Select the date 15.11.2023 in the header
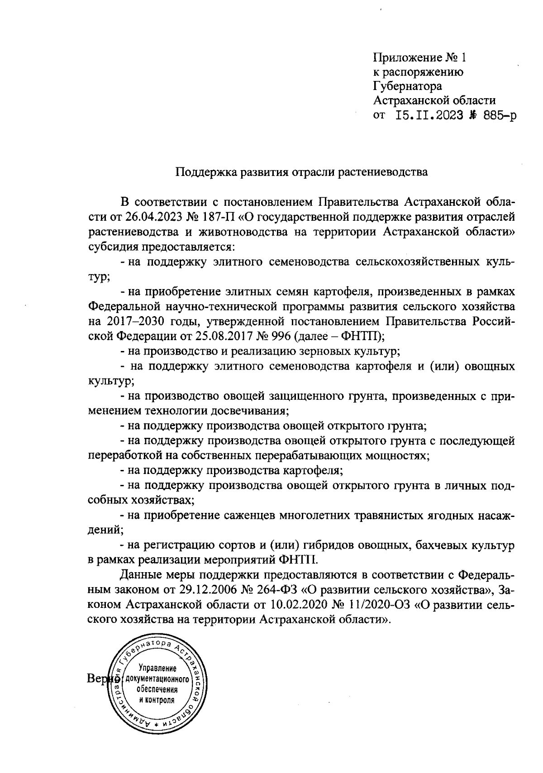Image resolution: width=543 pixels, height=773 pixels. click(429, 115)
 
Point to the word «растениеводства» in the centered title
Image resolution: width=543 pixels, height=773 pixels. click(382, 172)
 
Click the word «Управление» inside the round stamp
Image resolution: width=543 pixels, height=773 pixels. click(157, 669)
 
